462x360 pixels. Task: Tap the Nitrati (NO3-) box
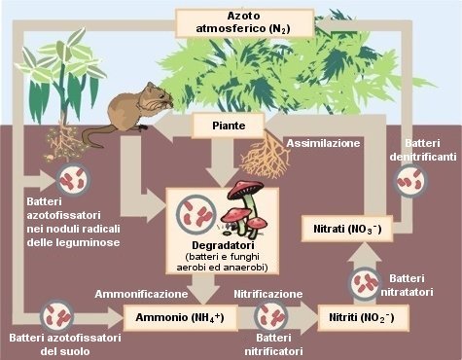tap(346, 230)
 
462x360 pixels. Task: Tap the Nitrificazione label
tap(268, 293)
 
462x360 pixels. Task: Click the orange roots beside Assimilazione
tap(263, 155)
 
